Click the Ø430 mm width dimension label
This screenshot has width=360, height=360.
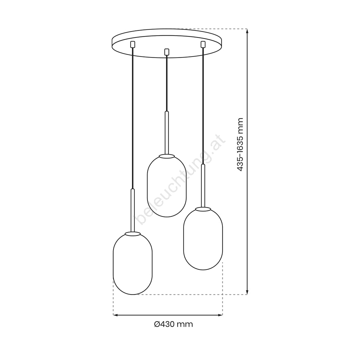[x=173, y=324]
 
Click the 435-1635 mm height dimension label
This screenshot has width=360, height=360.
[x=240, y=145]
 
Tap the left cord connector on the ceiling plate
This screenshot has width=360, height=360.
[x=132, y=44]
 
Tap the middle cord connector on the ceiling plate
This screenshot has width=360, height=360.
[x=167, y=52]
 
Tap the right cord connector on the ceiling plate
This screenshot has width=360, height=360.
[x=203, y=44]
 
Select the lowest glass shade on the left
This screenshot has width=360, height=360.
[x=133, y=263]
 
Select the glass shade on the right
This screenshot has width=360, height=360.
[x=203, y=239]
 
